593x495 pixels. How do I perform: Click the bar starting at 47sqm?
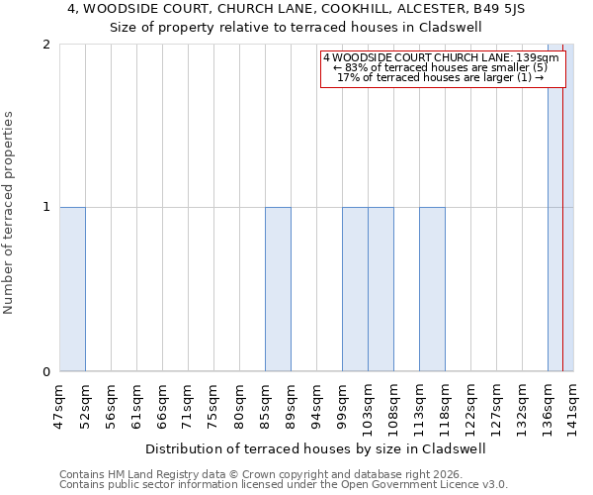tap(72, 289)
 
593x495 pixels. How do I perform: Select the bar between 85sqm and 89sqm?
tap(278, 289)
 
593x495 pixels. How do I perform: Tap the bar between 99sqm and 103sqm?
tap(355, 289)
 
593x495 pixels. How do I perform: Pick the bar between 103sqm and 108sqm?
tap(381, 289)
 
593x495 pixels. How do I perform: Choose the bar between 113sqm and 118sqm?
tap(432, 289)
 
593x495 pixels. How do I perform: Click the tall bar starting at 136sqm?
tap(559, 208)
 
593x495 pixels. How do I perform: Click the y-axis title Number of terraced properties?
tap(10, 212)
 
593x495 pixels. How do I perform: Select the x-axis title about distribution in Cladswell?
tap(315, 448)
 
